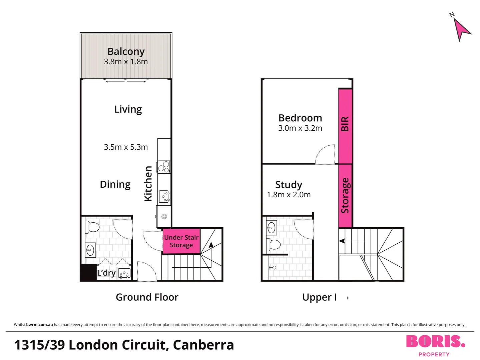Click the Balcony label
click(x=126, y=51)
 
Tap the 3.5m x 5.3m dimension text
click(x=126, y=147)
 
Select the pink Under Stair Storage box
click(x=181, y=241)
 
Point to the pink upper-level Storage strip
click(x=345, y=196)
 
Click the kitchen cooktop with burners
click(x=164, y=167)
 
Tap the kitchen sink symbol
click(x=164, y=197)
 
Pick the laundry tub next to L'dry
click(x=124, y=274)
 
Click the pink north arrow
click(x=461, y=29)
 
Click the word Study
click(x=289, y=184)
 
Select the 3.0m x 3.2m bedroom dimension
click(x=300, y=128)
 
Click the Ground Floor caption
click(x=147, y=297)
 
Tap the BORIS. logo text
click(x=435, y=342)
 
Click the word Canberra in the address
click(x=203, y=345)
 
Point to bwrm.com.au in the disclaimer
click(x=39, y=325)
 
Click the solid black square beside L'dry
click(x=88, y=272)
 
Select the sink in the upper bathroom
click(x=272, y=228)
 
